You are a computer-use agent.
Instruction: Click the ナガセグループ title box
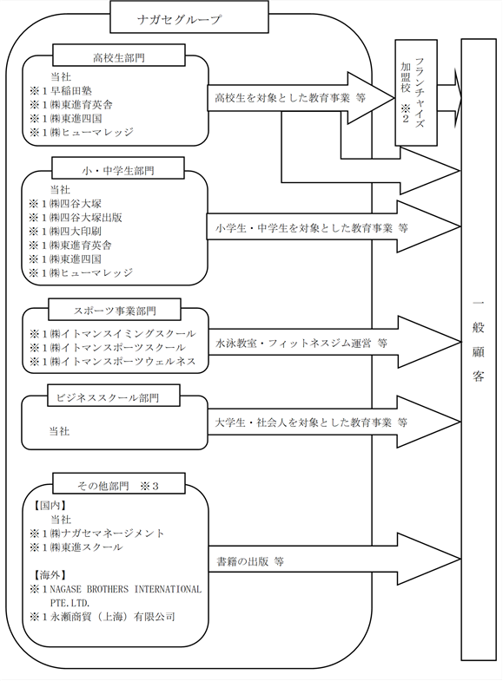[x=189, y=17]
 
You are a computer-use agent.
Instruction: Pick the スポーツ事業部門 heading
[x=115, y=309]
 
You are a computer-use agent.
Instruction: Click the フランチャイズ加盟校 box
[x=415, y=93]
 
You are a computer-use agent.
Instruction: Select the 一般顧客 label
[x=478, y=340]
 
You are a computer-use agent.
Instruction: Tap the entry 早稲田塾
[x=71, y=91]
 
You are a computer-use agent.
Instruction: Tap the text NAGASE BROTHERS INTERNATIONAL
[x=126, y=589]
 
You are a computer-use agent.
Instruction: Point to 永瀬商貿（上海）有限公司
[x=113, y=616]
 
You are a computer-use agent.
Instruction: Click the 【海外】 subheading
[x=50, y=575]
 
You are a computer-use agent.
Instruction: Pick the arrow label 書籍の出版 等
[x=250, y=561]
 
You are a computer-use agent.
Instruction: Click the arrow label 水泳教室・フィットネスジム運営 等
[x=301, y=344]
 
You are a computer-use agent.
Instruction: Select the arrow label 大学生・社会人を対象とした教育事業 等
[x=311, y=422]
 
